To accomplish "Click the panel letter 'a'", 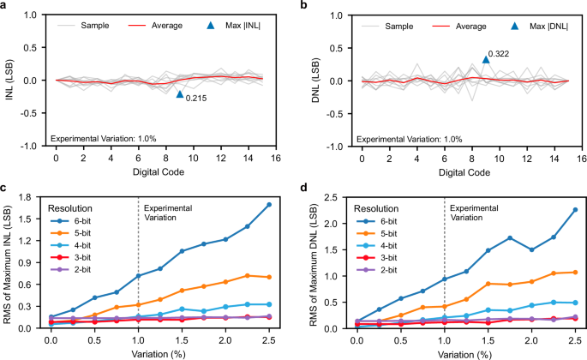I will pyautogui.click(x=5, y=6).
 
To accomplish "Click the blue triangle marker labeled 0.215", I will pyautogui.click(x=180, y=94).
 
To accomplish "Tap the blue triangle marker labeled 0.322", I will pyautogui.click(x=486, y=59).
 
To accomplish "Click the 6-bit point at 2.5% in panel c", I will pyautogui.click(x=269, y=205).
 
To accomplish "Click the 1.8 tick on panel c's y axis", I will pyautogui.click(x=34, y=197).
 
